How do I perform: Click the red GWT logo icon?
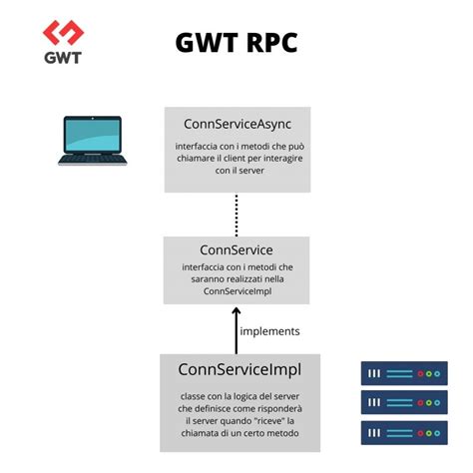coord(62,34)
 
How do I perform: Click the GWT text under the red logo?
coord(62,56)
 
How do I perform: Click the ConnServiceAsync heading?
coord(236,124)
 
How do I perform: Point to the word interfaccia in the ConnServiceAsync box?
coord(199,146)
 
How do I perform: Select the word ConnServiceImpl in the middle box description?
coord(236,292)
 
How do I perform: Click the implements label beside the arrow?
coord(269,330)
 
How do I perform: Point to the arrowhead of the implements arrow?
coord(236,312)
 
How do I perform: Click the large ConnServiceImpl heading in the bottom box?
coord(238,370)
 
